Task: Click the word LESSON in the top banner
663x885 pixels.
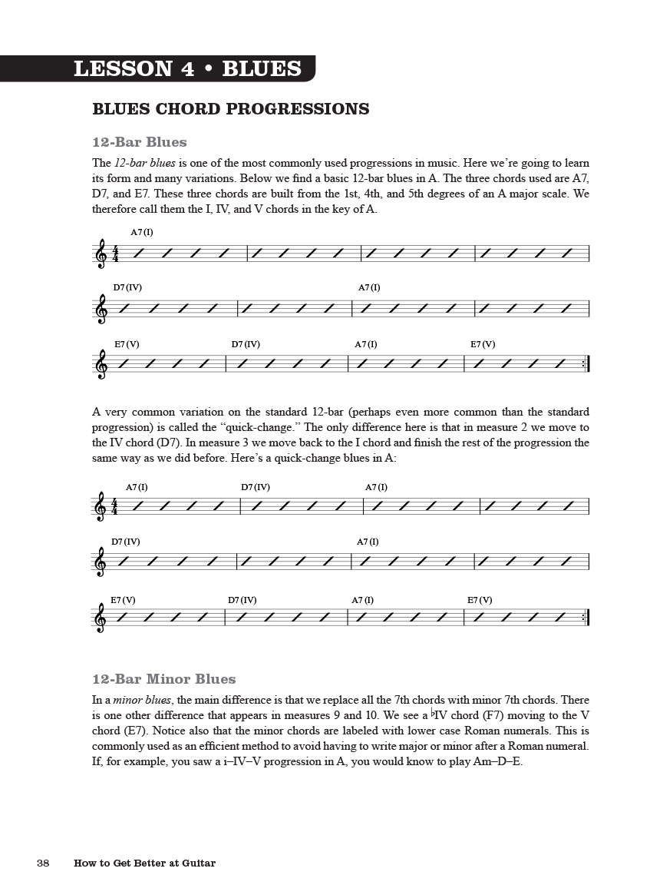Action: click(123, 69)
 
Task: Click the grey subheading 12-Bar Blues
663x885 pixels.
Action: click(139, 142)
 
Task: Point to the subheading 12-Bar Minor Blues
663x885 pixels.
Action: click(163, 679)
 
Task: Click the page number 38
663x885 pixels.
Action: click(43, 863)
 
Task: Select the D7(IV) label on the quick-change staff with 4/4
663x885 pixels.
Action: click(256, 487)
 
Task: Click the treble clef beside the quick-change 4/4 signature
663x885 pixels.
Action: click(101, 506)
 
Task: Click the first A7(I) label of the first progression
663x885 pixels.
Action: click(142, 232)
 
